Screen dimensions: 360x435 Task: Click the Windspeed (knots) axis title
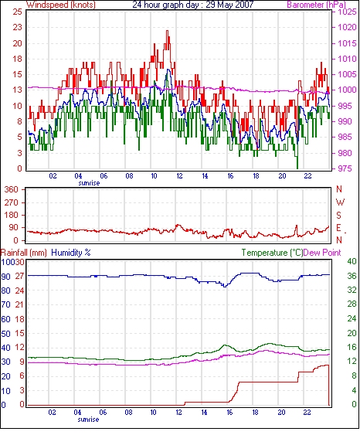point(61,5)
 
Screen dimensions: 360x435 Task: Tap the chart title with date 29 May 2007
point(193,5)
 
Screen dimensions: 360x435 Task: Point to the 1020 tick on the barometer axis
point(347,28)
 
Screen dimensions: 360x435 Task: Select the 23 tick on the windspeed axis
point(17,28)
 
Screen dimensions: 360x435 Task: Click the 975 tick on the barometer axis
point(347,168)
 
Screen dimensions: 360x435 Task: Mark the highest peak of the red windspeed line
point(167,31)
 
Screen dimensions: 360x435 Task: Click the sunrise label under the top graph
point(89,183)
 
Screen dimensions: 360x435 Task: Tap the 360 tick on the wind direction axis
point(12,190)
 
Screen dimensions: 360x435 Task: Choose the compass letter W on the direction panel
point(340,202)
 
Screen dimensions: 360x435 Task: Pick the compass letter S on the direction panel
point(338,215)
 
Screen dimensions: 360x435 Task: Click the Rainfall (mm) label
point(24,253)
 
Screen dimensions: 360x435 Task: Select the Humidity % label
point(71,253)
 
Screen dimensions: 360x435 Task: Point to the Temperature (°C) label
point(272,253)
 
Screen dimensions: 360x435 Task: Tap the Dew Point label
point(322,253)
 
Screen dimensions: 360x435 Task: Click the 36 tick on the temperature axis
point(352,276)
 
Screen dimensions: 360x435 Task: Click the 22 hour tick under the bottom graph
point(307,413)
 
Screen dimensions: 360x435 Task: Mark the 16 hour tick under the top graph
point(230,176)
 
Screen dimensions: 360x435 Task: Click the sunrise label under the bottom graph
point(88,420)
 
